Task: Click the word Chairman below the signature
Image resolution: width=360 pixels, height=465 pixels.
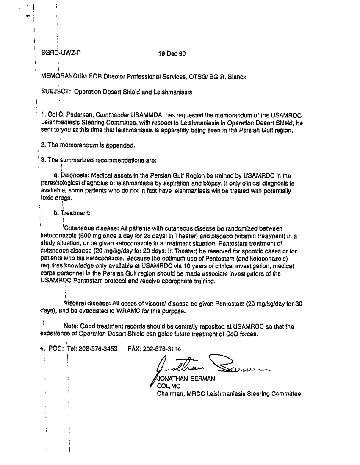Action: click(x=170, y=393)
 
